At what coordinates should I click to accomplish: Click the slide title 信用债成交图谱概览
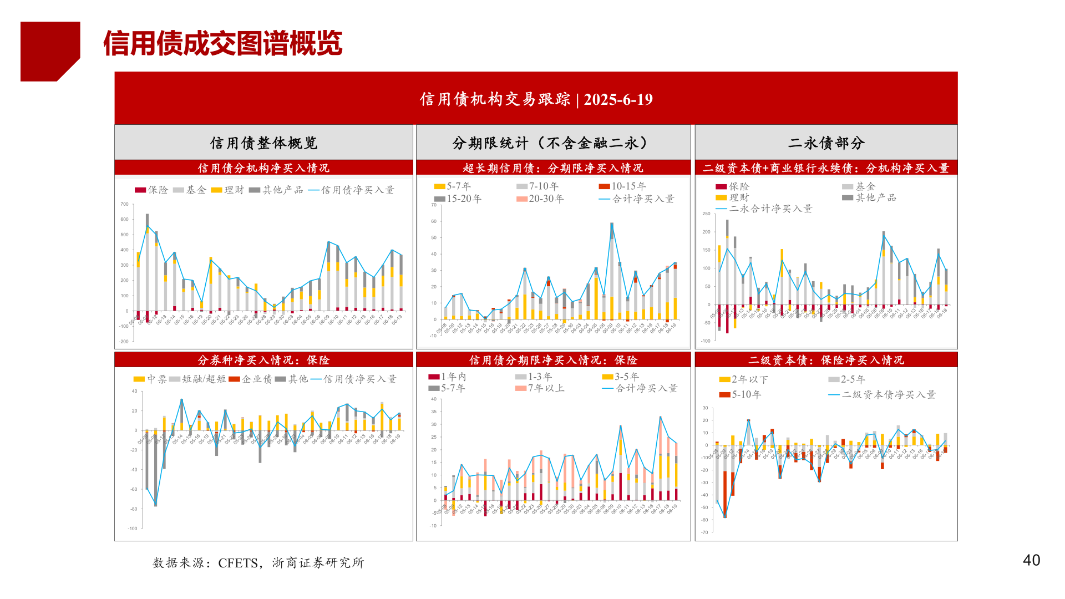click(222, 43)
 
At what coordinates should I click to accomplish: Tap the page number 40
click(1031, 560)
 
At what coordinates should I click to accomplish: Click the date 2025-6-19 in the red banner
click(618, 99)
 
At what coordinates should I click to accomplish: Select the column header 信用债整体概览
click(263, 143)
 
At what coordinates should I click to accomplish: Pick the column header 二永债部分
click(826, 143)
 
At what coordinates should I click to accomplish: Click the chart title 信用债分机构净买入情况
click(263, 168)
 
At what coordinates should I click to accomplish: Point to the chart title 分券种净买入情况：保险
click(263, 361)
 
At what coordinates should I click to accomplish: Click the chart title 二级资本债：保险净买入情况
click(826, 361)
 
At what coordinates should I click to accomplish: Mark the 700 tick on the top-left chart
click(125, 204)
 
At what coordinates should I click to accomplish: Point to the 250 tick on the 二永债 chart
click(706, 214)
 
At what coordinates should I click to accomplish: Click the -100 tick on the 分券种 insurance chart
click(133, 529)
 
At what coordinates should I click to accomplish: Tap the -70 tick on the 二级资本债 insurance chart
click(704, 532)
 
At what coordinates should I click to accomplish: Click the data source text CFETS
click(238, 563)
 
